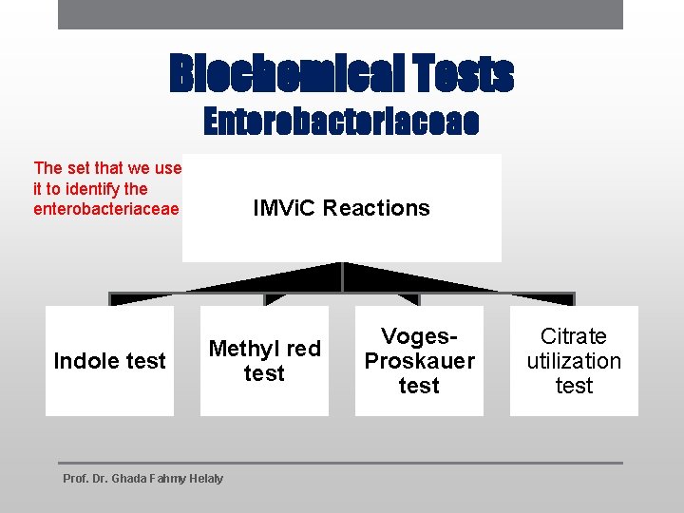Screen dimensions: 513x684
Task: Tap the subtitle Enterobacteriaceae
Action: pyautogui.click(x=342, y=122)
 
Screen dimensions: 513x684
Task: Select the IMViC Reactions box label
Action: pyautogui.click(x=341, y=208)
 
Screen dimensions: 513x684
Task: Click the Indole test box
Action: pyautogui.click(x=109, y=361)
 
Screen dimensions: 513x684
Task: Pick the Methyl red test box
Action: pyautogui.click(x=264, y=361)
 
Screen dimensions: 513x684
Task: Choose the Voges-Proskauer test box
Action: pyautogui.click(x=419, y=361)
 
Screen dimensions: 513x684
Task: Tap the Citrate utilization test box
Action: pyautogui.click(x=574, y=361)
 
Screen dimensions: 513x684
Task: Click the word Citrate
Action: pyautogui.click(x=574, y=336)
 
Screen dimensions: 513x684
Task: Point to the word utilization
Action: pyautogui.click(x=574, y=361)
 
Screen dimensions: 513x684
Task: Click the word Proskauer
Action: pyautogui.click(x=419, y=361)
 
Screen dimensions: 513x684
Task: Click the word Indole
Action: pyautogui.click(x=82, y=361)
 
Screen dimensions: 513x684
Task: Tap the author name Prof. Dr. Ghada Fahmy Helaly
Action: pyautogui.click(x=142, y=478)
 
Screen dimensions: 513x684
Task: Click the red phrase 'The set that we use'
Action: pyautogui.click(x=106, y=168)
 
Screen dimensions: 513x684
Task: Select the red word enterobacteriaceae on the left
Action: pyautogui.click(x=105, y=208)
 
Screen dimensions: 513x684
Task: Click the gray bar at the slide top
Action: pyautogui.click(x=340, y=14)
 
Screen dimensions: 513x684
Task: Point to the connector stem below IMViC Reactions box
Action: pyautogui.click(x=342, y=276)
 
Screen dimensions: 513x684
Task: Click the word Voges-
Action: pyautogui.click(x=419, y=336)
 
